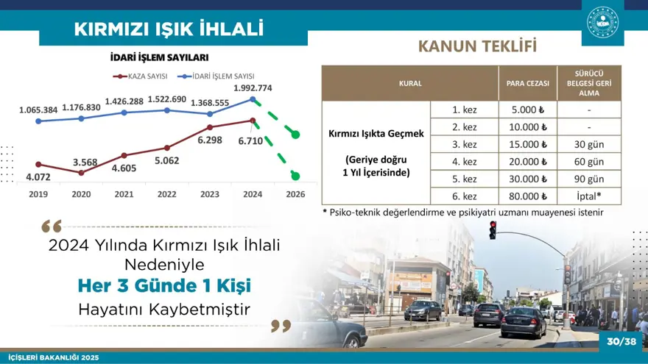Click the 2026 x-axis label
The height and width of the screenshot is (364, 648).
(x=295, y=194)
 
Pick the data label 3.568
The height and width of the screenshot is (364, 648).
(x=85, y=162)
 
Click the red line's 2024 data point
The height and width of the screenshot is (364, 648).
(x=253, y=121)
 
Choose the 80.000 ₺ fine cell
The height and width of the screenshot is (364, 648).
(x=527, y=196)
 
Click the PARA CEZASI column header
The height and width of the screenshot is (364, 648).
(x=527, y=83)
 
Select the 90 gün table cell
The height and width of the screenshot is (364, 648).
(x=589, y=179)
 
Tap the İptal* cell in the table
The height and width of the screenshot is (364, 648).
(x=589, y=196)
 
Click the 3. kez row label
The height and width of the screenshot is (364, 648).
(x=464, y=144)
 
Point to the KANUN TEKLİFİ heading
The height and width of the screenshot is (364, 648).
(x=477, y=46)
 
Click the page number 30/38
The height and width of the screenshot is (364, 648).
(x=621, y=341)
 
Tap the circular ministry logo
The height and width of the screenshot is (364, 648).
(x=602, y=22)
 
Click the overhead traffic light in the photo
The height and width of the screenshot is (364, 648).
(x=493, y=229)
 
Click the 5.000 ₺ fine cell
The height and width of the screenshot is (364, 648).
(x=527, y=110)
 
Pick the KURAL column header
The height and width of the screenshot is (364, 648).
(x=410, y=83)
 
